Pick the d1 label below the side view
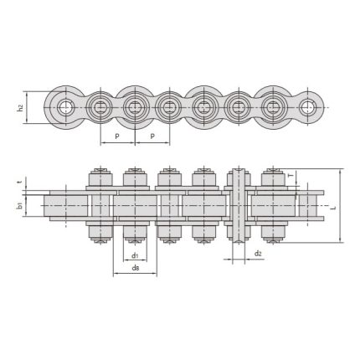pyautogui.click(x=135, y=255)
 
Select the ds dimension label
pyautogui.click(x=135, y=268)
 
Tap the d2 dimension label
pyautogui.click(x=258, y=254)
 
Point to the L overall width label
pyautogui.click(x=333, y=206)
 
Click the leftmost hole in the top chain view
pyautogui.click(x=66, y=106)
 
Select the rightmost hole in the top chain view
pyautogui.click(x=309, y=106)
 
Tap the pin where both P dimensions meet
pyautogui.click(x=135, y=106)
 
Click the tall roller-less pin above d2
pyautogui.click(x=237, y=205)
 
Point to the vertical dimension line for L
pyautogui.click(x=341, y=206)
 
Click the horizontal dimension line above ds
pyautogui.click(x=135, y=275)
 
